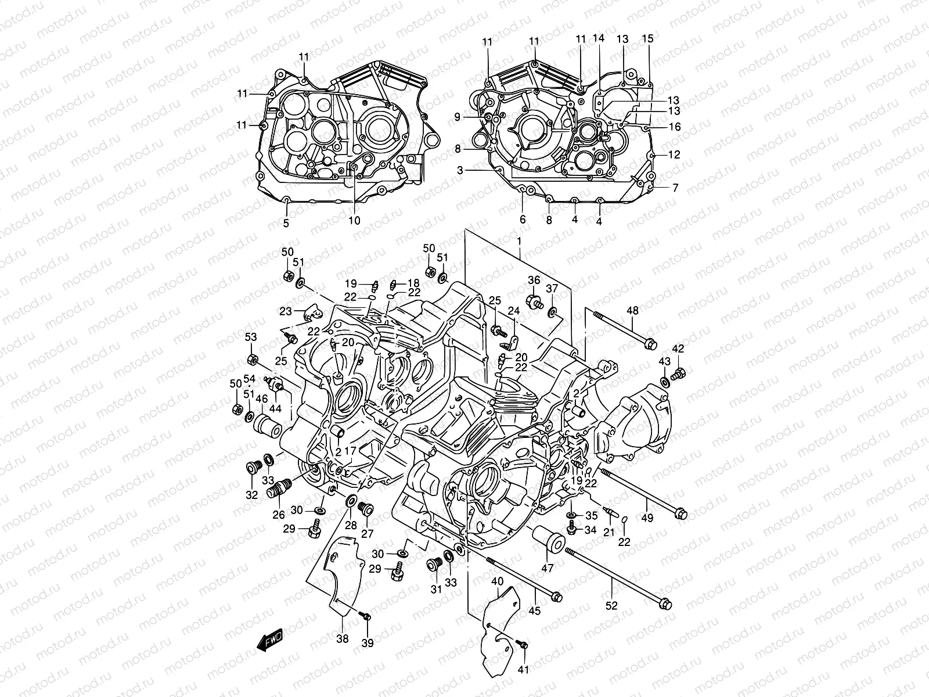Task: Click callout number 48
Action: [632, 311]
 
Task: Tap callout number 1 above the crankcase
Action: [519, 240]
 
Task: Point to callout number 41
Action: [523, 670]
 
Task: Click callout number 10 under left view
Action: [354, 221]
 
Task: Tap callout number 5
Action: [286, 223]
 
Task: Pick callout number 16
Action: [658, 127]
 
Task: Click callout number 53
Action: [250, 337]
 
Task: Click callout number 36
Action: [534, 281]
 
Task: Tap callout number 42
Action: [678, 349]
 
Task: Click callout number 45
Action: [534, 610]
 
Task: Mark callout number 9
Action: [457, 117]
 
